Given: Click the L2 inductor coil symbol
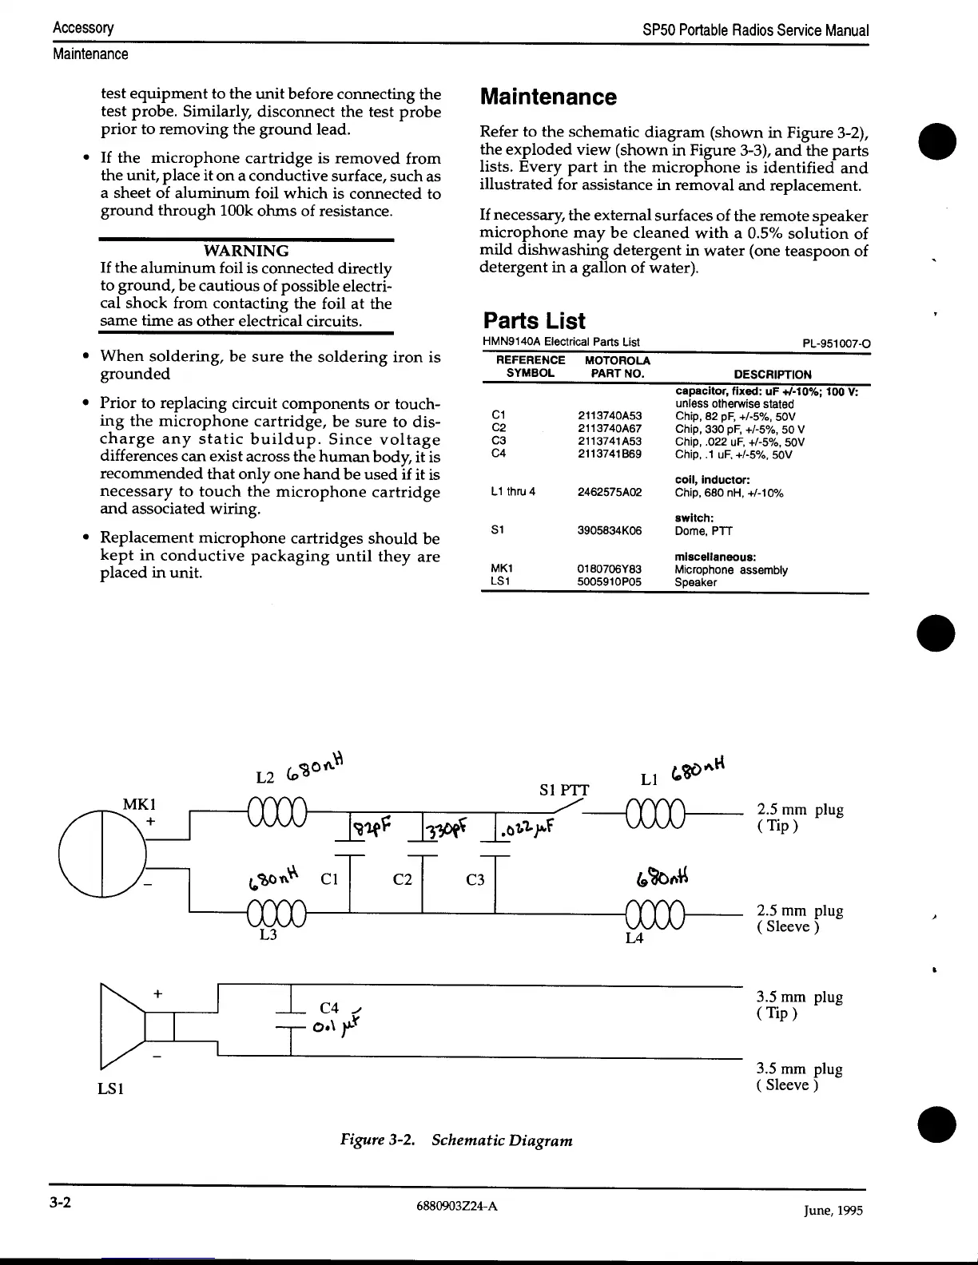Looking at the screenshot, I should pyautogui.click(x=277, y=815).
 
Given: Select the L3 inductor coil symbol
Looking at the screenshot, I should pyautogui.click(x=277, y=912).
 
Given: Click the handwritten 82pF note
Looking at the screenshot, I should pyautogui.click(x=372, y=826).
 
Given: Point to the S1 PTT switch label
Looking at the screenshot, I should pyautogui.click(x=564, y=791).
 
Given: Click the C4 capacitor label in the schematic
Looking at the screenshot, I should pyautogui.click(x=329, y=1009).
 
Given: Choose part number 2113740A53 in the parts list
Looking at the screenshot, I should pyautogui.click(x=609, y=415).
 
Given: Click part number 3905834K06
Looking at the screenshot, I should pyautogui.click(x=609, y=530).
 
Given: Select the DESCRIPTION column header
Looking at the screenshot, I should pyautogui.click(x=772, y=374).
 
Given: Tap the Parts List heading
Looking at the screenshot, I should pyautogui.click(x=534, y=321).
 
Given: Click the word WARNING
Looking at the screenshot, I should pyautogui.click(x=246, y=251).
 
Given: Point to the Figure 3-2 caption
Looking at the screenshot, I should pyautogui.click(x=456, y=1140).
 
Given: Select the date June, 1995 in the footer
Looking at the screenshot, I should pyautogui.click(x=833, y=1210).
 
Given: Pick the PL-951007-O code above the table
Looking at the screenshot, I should pyautogui.click(x=836, y=344).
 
